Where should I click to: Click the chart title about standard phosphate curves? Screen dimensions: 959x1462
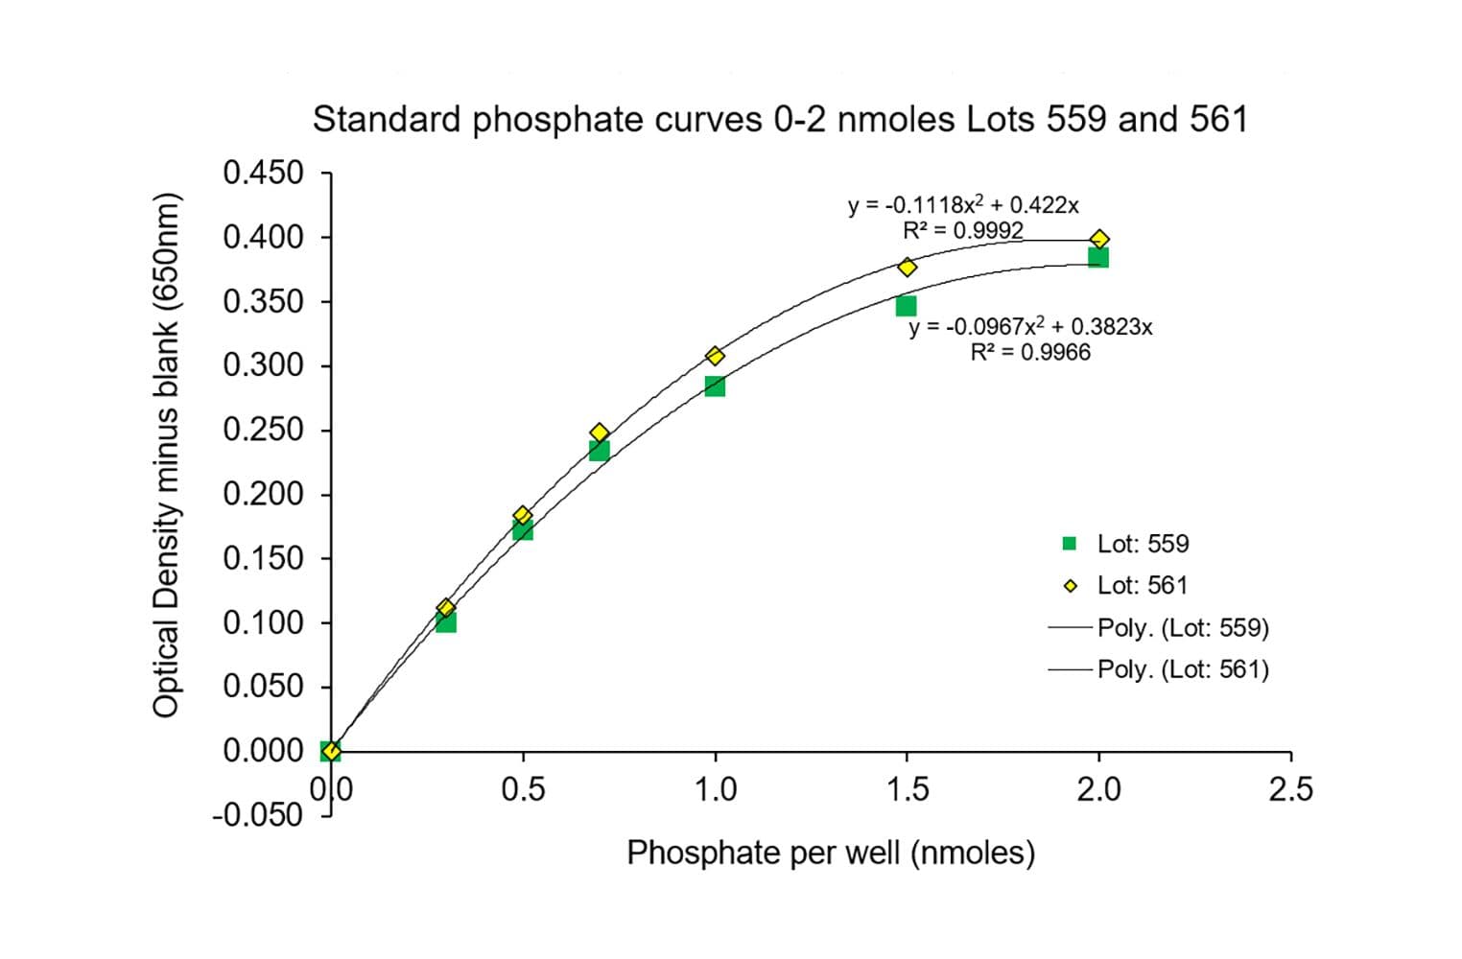click(x=780, y=120)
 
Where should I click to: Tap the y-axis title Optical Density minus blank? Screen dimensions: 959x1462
click(x=166, y=455)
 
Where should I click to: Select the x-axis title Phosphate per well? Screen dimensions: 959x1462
click(x=831, y=853)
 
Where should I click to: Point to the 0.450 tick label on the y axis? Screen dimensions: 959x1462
click(x=263, y=174)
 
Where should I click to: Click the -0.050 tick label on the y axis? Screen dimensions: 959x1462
click(x=257, y=815)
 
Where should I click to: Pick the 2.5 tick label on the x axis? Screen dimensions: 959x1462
click(x=1290, y=790)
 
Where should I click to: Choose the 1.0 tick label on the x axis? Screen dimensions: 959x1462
click(x=715, y=790)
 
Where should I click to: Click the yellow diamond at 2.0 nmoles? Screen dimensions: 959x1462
click(x=1099, y=239)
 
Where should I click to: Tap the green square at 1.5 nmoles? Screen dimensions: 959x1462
click(x=906, y=306)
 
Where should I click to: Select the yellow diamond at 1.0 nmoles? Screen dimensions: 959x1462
click(x=715, y=356)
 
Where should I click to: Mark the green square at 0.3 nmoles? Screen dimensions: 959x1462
click(x=445, y=622)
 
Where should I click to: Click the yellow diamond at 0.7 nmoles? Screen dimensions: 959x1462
click(x=600, y=433)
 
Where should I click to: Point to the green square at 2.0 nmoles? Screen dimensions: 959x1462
click(x=1098, y=257)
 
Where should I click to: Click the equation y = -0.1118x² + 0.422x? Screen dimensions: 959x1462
click(x=962, y=205)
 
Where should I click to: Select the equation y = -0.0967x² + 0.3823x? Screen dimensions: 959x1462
click(x=1030, y=327)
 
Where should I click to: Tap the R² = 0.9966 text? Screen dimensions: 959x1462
click(x=1030, y=353)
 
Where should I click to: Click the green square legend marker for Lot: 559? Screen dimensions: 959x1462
click(x=1070, y=544)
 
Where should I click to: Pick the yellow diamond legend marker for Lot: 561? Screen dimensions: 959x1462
click(x=1071, y=586)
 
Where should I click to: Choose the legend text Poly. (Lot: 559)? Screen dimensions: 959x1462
click(x=1183, y=628)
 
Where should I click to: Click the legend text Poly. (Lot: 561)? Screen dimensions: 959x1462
click(x=1183, y=669)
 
